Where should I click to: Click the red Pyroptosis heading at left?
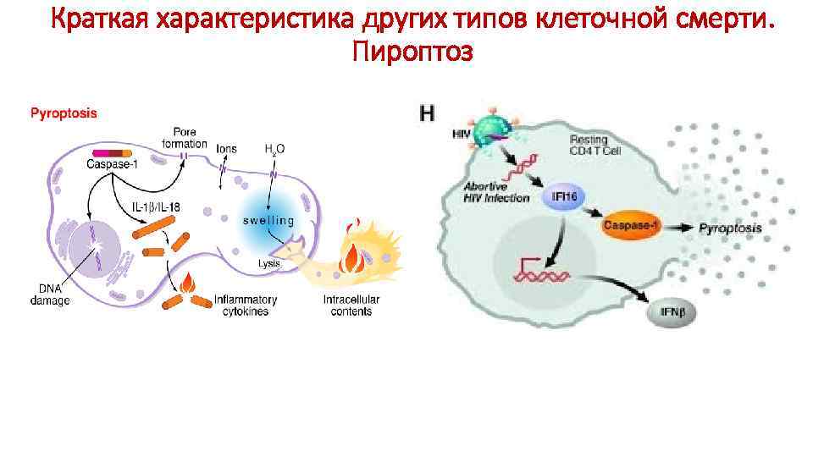64,112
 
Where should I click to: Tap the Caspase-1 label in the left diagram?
112,163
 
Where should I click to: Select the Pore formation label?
184,138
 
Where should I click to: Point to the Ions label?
226,149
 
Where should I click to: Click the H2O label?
274,149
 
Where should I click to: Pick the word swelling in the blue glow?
269,221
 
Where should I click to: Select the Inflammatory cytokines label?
246,306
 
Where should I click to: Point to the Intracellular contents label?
351,306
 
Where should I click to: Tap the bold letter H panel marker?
429,113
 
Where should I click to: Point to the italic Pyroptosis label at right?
730,228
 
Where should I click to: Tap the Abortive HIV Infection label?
496,192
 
